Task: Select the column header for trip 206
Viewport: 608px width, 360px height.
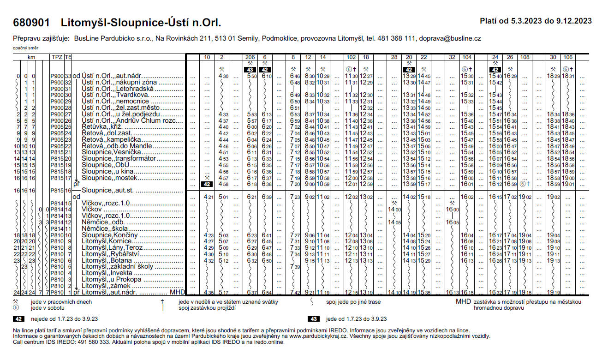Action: point(250,57)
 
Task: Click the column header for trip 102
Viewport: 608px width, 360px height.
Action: point(351,57)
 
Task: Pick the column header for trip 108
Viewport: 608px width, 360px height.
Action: point(525,57)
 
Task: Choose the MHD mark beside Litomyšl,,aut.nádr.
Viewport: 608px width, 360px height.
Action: point(177,292)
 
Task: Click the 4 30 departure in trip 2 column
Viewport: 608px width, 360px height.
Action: point(224,76)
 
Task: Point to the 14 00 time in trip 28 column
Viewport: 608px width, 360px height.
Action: point(394,209)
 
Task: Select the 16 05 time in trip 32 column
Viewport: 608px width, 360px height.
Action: point(452,222)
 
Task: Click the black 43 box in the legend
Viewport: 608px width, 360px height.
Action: point(313,319)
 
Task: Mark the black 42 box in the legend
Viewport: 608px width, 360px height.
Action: point(18,319)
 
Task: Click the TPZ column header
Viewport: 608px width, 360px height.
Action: point(56,57)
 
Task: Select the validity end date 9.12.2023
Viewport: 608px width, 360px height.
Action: point(574,21)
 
